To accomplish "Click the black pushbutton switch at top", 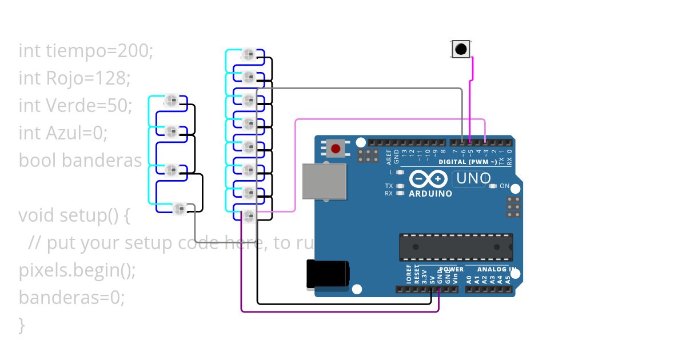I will (x=461, y=49).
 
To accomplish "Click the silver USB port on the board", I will (x=324, y=181).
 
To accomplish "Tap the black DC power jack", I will (x=328, y=274).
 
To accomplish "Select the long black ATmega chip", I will (x=456, y=247).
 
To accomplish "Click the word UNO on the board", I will (x=473, y=178).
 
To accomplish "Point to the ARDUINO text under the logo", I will (x=431, y=193).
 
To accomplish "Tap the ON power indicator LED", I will (x=493, y=186).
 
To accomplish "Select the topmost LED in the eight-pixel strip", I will (x=249, y=55).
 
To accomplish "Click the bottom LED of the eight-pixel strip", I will (x=249, y=216).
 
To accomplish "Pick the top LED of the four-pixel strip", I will (x=171, y=101).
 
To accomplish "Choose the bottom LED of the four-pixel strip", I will (x=179, y=207).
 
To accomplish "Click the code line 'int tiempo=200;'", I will (x=86, y=51).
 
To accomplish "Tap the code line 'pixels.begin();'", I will (x=77, y=270).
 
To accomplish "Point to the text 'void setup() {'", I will (x=75, y=215).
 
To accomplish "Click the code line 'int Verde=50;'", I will (x=75, y=105).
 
